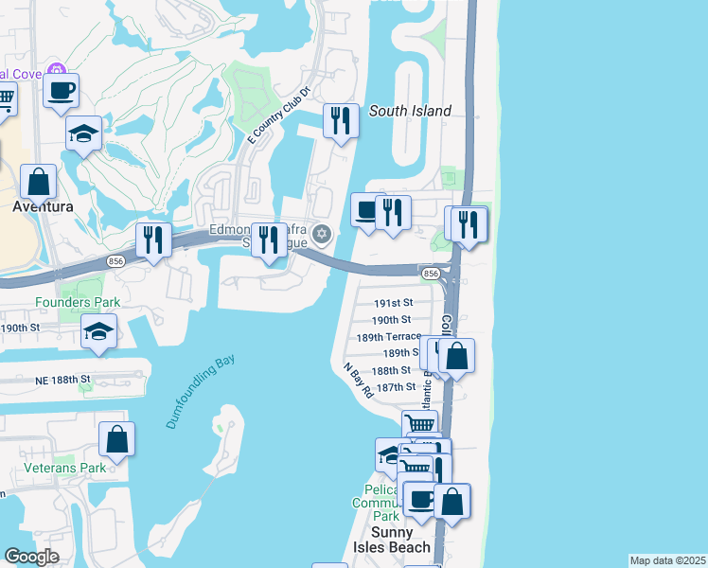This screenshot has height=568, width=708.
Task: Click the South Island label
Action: click(x=410, y=111)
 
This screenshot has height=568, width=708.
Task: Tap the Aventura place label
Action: click(x=43, y=205)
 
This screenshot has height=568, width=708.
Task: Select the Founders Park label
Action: click(x=78, y=302)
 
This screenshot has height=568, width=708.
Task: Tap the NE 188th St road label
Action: click(x=59, y=379)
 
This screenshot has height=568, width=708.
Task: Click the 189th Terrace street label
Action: click(x=388, y=336)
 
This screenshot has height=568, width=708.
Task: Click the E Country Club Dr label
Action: click(x=279, y=115)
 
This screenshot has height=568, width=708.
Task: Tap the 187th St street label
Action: click(x=396, y=386)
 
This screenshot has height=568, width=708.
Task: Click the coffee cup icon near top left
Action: click(x=61, y=91)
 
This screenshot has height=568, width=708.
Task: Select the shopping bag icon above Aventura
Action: click(x=38, y=181)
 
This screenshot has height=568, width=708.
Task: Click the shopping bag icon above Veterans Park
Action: click(x=116, y=438)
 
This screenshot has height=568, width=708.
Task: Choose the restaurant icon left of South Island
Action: click(x=341, y=120)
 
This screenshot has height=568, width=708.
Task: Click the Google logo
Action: click(x=32, y=557)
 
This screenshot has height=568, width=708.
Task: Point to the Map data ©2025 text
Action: click(x=667, y=560)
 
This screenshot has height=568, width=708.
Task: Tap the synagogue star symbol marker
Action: click(x=322, y=234)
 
